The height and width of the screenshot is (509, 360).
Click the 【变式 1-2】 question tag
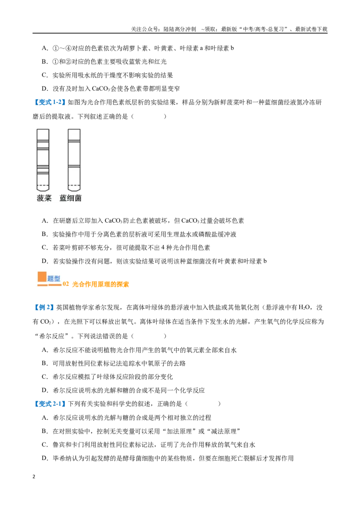[x=49, y=103]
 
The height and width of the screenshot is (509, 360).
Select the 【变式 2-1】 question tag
[x=49, y=404]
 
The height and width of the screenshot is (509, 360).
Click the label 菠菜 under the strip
[x=44, y=198]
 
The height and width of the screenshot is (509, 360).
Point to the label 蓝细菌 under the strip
[x=70, y=198]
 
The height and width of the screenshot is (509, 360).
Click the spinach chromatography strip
[x=43, y=160]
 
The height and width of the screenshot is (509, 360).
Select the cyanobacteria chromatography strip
[x=74, y=160]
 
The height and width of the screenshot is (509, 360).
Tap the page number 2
[x=34, y=477]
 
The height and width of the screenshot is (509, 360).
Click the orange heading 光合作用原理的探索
[x=100, y=284]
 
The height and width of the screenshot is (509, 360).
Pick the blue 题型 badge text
[x=54, y=278]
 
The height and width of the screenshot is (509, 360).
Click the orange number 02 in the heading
[x=66, y=284]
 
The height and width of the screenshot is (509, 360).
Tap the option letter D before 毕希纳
[x=45, y=458]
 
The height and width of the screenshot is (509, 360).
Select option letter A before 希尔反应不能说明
[x=45, y=350]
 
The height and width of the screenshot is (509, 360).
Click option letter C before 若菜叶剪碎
[x=45, y=248]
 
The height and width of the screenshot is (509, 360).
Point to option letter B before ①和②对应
[x=45, y=62]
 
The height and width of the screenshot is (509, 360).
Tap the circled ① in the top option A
[x=55, y=49]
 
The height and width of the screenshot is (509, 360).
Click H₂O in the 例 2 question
[x=304, y=308]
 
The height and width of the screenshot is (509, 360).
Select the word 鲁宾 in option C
[x=59, y=445]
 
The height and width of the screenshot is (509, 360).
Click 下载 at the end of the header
[x=322, y=29]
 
